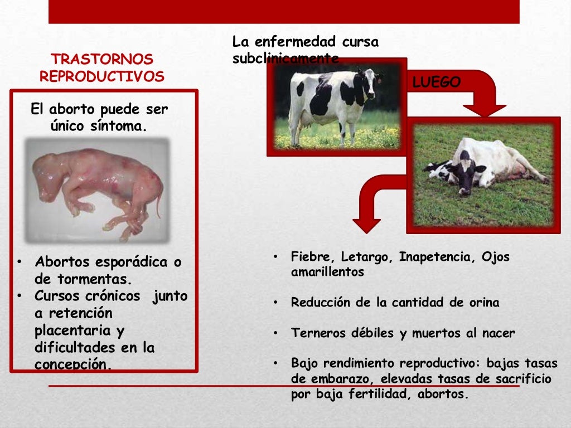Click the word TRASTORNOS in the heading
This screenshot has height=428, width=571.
101,60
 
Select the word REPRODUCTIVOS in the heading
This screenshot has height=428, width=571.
101,76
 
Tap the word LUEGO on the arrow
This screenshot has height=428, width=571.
437,83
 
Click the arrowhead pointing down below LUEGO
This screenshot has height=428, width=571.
484,110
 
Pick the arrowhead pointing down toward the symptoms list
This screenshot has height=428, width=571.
366,225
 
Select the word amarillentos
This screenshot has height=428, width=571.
327,273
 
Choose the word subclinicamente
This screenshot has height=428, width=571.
285,59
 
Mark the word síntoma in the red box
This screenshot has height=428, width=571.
118,127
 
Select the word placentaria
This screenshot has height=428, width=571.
71,331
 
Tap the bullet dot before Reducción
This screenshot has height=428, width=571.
275,303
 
